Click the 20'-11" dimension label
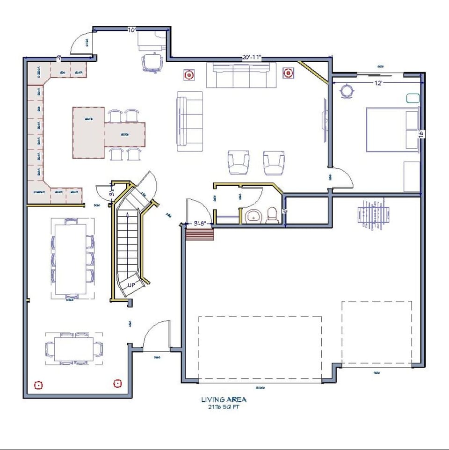coord(252,58)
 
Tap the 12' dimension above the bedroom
coord(379,83)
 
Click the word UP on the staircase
coord(132,285)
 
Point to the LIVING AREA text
coord(224,399)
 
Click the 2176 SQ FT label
coord(224,407)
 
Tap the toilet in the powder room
coord(272,216)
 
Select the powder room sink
coord(253,216)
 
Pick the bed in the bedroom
coord(392,130)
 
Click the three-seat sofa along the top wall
coord(241,75)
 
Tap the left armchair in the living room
coord(239,162)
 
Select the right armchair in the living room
coord(274,162)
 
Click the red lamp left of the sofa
coord(188,74)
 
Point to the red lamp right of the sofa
coord(288,73)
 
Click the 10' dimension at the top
coord(132,30)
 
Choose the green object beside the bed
coord(413,98)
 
